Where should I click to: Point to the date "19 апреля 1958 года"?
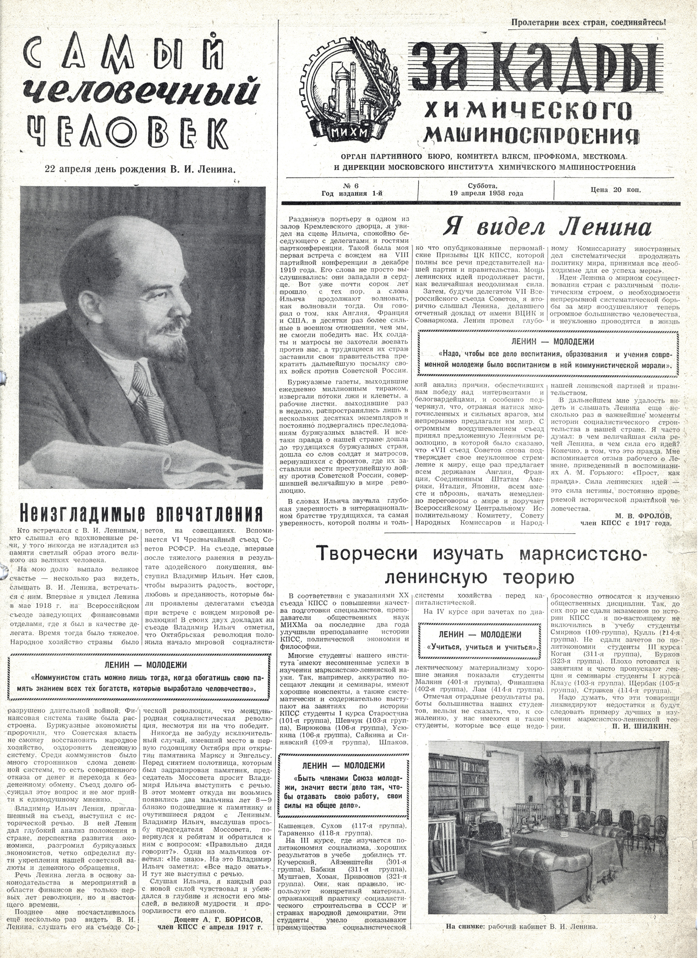[486, 194]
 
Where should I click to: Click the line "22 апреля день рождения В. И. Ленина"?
[140, 169]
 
